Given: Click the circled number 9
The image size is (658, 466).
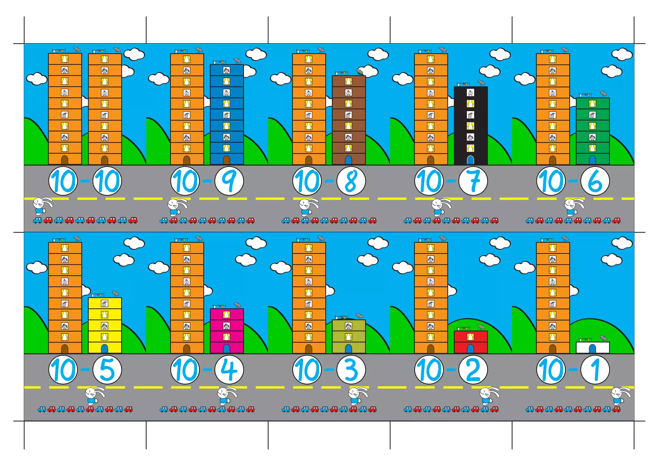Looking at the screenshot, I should click(x=229, y=181).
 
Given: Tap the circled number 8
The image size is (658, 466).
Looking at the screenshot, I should click(x=351, y=181).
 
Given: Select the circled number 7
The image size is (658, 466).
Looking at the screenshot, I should click(x=473, y=181).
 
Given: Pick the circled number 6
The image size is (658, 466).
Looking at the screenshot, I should click(x=595, y=181).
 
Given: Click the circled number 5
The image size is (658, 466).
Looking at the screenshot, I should click(x=107, y=370).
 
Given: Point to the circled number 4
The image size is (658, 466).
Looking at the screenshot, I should click(x=229, y=370).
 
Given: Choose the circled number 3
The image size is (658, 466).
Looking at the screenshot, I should click(x=351, y=370).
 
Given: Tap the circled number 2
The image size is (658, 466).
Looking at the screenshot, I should click(x=473, y=370).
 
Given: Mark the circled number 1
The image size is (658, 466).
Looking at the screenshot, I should click(x=595, y=370).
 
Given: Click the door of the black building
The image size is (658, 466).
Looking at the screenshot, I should click(x=470, y=160).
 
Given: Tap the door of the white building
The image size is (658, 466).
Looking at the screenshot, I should click(x=592, y=349).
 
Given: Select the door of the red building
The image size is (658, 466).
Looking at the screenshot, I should click(x=470, y=349).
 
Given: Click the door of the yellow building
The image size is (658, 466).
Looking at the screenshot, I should click(x=104, y=349).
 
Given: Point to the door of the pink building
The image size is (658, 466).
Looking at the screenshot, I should click(x=227, y=349).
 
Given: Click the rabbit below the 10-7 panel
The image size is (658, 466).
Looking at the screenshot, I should click(x=440, y=207).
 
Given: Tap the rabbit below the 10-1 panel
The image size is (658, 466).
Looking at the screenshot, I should click(x=620, y=396).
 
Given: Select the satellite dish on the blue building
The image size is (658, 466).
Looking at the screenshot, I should click(x=237, y=60).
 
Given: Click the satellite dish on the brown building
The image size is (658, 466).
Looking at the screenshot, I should click(x=360, y=71).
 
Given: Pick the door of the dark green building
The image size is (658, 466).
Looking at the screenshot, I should click(x=592, y=160).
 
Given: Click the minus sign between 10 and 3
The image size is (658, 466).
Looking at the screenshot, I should click(x=329, y=370).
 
